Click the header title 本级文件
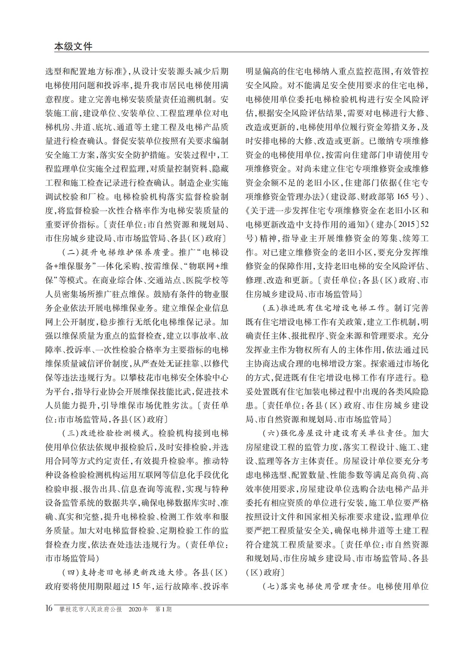73,46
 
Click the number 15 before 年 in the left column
136,586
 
